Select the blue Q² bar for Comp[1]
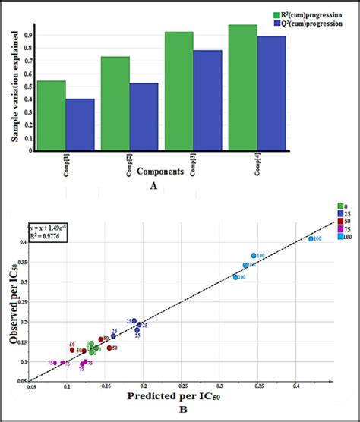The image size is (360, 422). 80,124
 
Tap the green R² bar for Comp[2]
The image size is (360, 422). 115,103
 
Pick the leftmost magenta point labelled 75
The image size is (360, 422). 55,363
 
